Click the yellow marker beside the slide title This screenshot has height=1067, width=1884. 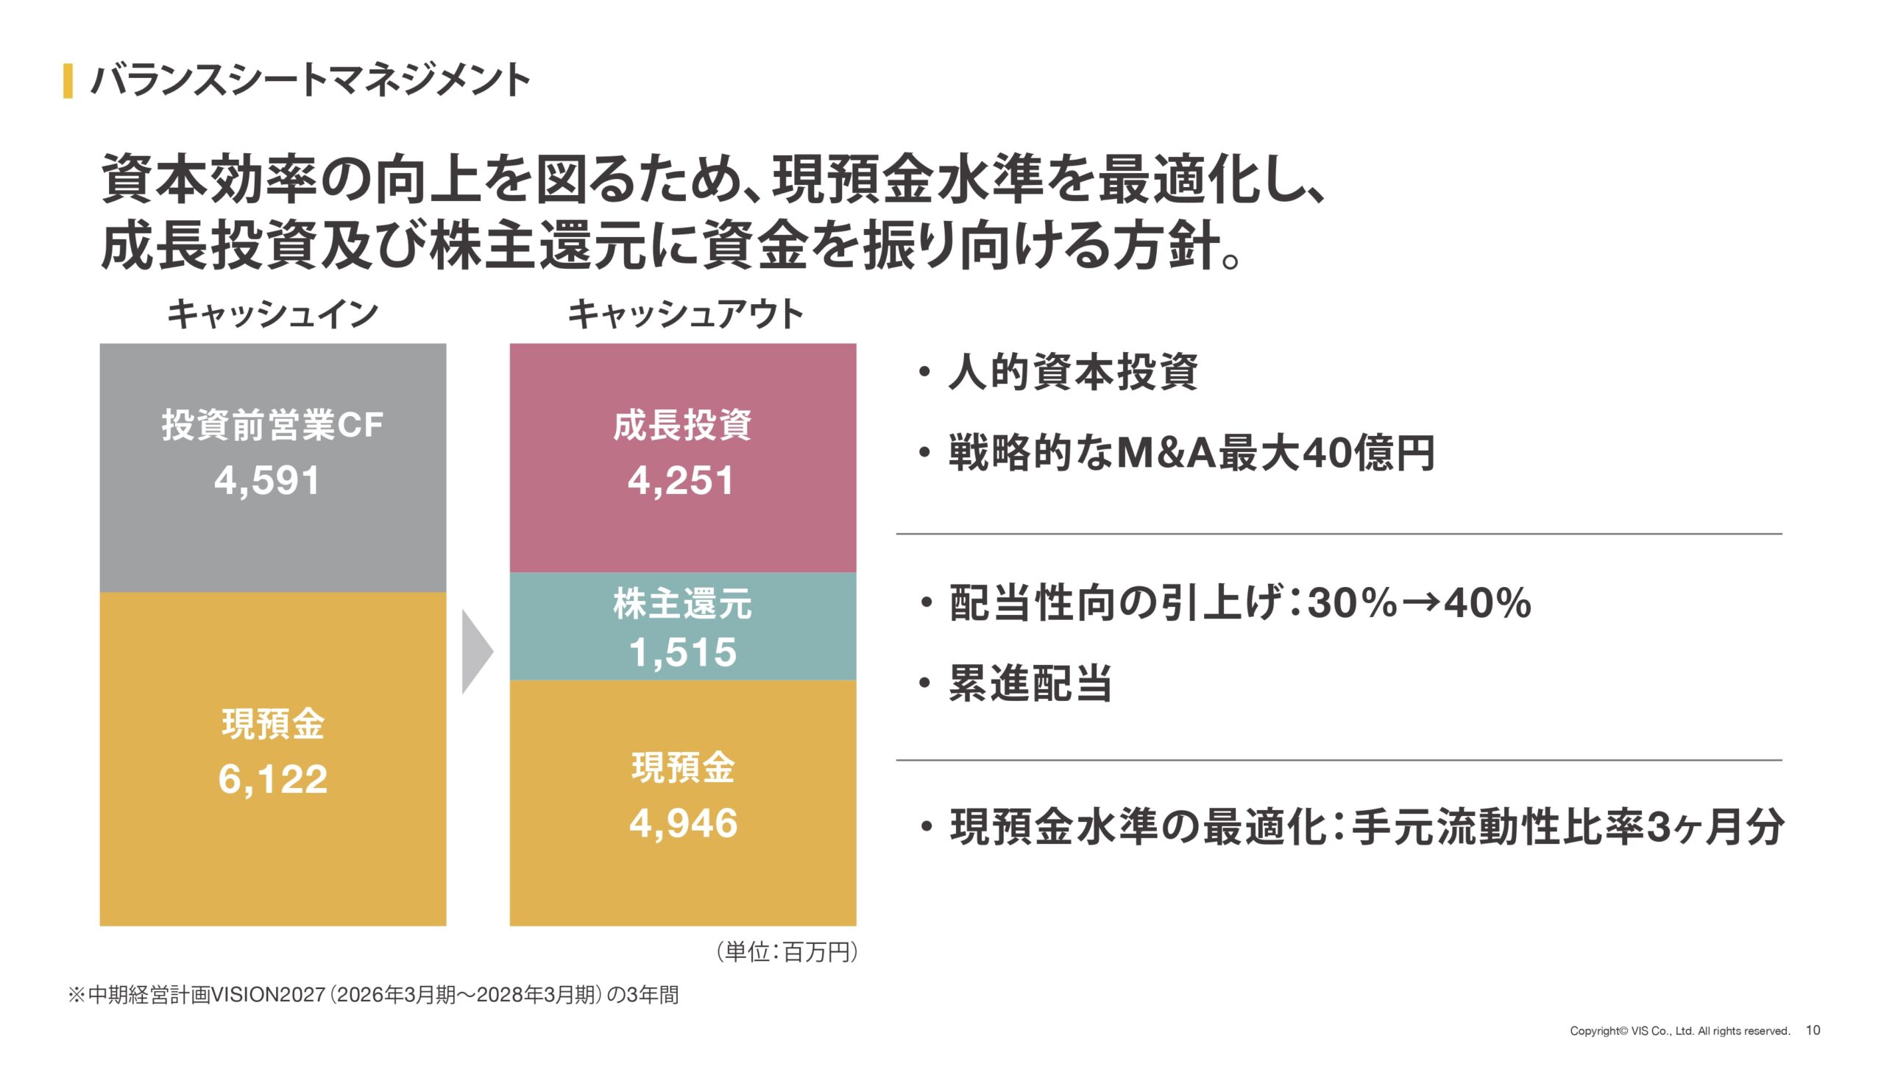[68, 81]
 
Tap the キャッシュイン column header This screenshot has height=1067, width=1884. [272, 314]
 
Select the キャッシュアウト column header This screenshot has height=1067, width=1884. [684, 314]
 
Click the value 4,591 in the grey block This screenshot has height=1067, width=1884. [267, 481]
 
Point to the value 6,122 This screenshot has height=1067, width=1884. [272, 779]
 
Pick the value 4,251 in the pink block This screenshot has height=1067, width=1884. [681, 481]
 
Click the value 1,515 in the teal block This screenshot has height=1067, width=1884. [683, 652]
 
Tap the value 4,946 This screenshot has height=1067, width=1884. [683, 823]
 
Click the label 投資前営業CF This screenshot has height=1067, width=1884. [272, 426]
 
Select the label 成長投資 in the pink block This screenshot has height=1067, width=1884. [682, 426]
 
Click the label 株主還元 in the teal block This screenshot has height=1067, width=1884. [682, 604]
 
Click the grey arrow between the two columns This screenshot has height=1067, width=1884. [477, 652]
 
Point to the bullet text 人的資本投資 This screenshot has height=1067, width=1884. [1073, 372]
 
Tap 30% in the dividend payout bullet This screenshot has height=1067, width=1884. [1353, 603]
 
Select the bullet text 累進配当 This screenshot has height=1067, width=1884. [1030, 683]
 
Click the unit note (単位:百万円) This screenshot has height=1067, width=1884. [787, 952]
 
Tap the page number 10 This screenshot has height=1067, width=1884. [1813, 1030]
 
